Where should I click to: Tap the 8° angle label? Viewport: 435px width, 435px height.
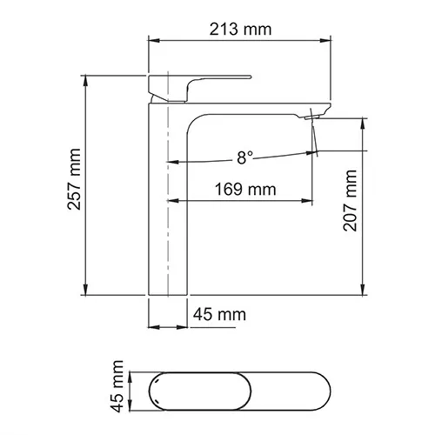(x=244, y=157)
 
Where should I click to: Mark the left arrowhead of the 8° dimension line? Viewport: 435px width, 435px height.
(x=171, y=162)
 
